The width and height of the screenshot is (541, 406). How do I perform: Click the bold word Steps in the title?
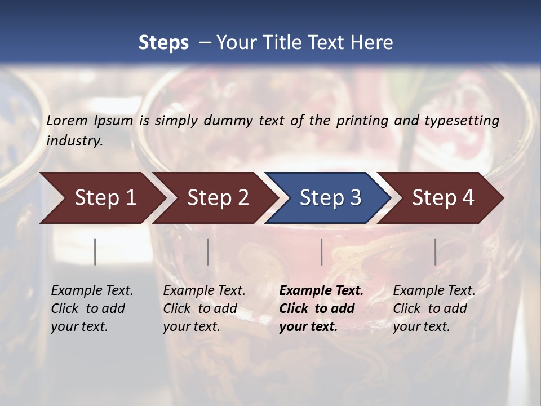(163, 43)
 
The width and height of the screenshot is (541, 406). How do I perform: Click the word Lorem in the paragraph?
(67, 120)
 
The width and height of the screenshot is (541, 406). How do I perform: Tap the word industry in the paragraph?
(74, 141)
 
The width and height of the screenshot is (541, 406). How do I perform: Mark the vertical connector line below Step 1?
(95, 251)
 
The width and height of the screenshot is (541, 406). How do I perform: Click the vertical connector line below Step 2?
(208, 251)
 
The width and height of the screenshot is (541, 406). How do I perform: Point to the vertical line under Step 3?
(321, 251)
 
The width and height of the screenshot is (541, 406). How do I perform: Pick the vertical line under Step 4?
(435, 251)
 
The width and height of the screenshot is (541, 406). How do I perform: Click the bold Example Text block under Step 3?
(321, 308)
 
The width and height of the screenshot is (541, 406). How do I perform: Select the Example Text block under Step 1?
(92, 308)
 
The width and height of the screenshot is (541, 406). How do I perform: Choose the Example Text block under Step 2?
(204, 308)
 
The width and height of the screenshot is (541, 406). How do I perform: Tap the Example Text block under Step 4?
(434, 308)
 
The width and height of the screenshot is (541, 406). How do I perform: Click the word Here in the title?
(371, 43)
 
